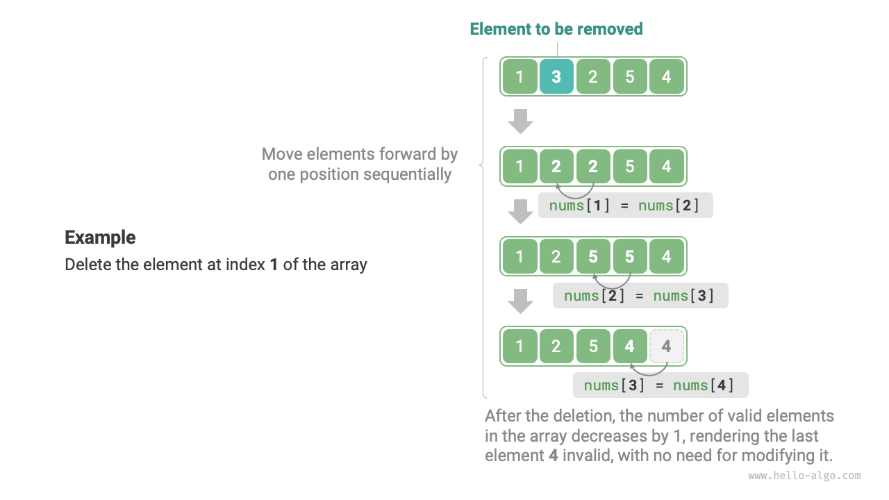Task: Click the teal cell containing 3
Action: (x=556, y=76)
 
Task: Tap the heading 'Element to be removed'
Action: (x=556, y=29)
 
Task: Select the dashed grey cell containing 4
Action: (x=667, y=346)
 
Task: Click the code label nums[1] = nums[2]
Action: (x=625, y=206)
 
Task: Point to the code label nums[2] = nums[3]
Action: (x=640, y=296)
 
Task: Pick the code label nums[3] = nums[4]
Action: (x=660, y=385)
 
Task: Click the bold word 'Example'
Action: (x=100, y=237)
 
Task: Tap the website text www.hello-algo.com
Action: (x=804, y=476)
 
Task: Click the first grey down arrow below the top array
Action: (x=520, y=121)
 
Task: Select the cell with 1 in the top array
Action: (x=520, y=76)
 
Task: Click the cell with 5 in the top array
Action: (x=630, y=76)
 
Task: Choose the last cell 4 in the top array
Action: (x=667, y=76)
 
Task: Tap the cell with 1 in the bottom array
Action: (x=520, y=346)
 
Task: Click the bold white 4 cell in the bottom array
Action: (x=630, y=346)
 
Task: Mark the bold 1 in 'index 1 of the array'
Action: (x=274, y=265)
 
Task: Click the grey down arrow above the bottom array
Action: (x=520, y=301)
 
